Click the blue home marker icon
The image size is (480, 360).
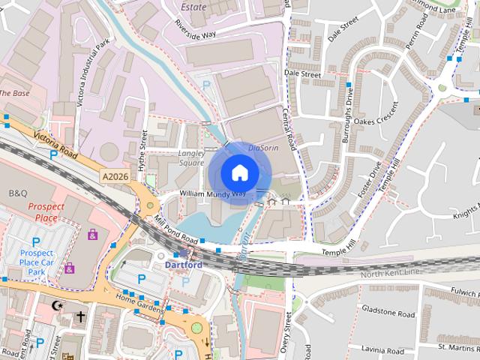click(239, 172)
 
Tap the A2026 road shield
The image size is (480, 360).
click(114, 175)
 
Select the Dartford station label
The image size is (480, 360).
click(183, 265)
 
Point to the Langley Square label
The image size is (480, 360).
click(191, 157)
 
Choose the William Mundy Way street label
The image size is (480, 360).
click(212, 193)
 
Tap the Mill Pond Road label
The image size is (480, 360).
click(175, 231)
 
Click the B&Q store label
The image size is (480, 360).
click(18, 193)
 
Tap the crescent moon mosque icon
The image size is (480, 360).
click(55, 305)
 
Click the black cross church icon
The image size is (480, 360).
click(80, 317)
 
